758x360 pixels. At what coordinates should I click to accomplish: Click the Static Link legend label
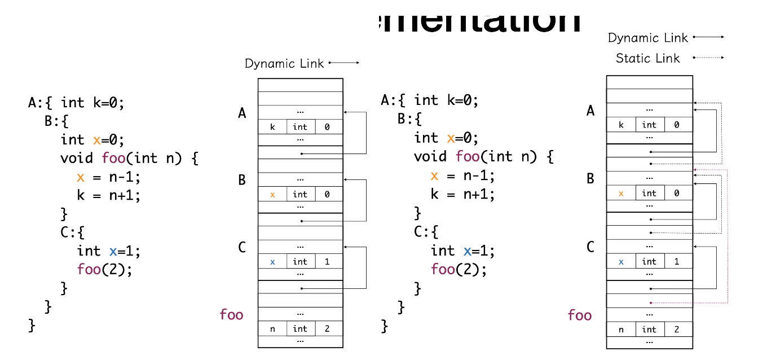click(x=647, y=58)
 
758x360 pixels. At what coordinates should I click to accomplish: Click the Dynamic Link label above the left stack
click(x=284, y=63)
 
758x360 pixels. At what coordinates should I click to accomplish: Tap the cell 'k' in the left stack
click(x=272, y=127)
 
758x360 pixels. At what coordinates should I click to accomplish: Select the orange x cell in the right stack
click(x=621, y=193)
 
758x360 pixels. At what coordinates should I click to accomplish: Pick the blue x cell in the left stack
click(x=272, y=262)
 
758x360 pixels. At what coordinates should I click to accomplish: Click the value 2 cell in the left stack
click(x=327, y=328)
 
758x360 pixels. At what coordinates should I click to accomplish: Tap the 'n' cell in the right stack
click(x=621, y=329)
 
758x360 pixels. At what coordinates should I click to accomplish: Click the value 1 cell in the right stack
click(x=676, y=261)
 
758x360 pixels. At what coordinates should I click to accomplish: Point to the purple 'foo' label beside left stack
click(x=231, y=314)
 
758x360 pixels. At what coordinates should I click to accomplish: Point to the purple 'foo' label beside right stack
click(x=580, y=315)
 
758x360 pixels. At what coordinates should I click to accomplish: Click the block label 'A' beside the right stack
click(x=590, y=111)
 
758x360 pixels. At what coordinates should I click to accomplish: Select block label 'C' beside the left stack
click(x=242, y=247)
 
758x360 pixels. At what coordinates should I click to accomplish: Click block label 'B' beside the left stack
click(x=242, y=180)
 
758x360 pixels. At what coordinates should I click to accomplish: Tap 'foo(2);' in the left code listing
click(x=104, y=269)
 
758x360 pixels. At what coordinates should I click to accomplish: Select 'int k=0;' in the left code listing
click(x=92, y=103)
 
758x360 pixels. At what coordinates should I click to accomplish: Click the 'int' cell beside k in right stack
click(x=649, y=125)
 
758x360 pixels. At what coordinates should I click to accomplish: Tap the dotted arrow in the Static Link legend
click(x=708, y=58)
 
